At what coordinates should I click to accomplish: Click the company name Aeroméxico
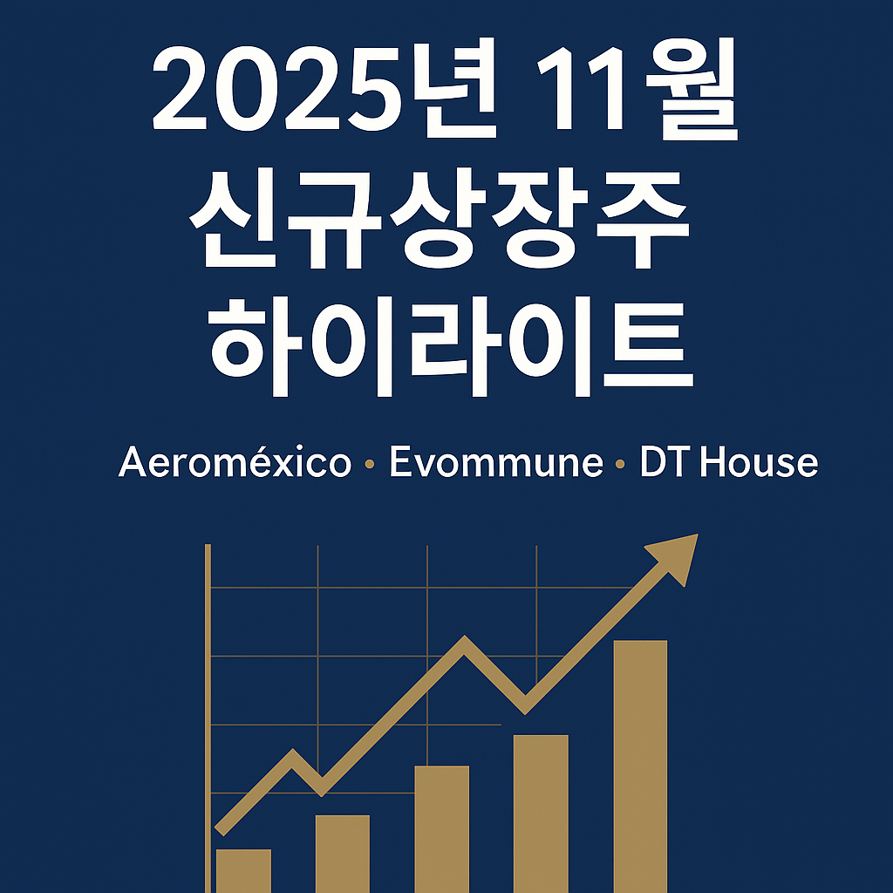(x=235, y=463)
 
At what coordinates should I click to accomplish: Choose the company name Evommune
(x=495, y=463)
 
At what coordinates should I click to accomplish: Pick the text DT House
(x=729, y=463)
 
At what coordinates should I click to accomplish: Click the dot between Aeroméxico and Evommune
(x=370, y=466)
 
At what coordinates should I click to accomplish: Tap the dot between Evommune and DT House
(x=620, y=466)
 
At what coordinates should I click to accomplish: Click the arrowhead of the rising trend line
(x=678, y=556)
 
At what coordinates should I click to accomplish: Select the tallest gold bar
(x=641, y=766)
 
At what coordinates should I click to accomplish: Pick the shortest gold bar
(x=243, y=870)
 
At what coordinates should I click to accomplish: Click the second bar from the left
(x=342, y=853)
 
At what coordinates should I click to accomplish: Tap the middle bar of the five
(x=441, y=828)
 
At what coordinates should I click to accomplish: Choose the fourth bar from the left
(x=541, y=813)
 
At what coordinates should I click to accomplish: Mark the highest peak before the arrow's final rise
(x=465, y=644)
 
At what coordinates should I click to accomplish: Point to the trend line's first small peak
(x=293, y=755)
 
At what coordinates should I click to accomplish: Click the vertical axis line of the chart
(x=208, y=715)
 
